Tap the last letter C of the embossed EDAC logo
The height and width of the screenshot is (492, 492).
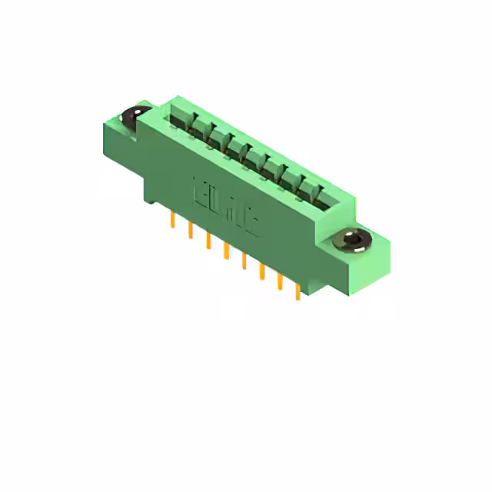pyautogui.click(x=251, y=221)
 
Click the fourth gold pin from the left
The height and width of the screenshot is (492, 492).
pyautogui.click(x=225, y=251)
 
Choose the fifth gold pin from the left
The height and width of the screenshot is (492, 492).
pyautogui.click(x=244, y=261)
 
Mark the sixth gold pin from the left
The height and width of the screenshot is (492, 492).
pyautogui.click(x=261, y=271)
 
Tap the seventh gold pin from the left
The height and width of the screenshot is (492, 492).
pyautogui.click(x=279, y=281)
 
